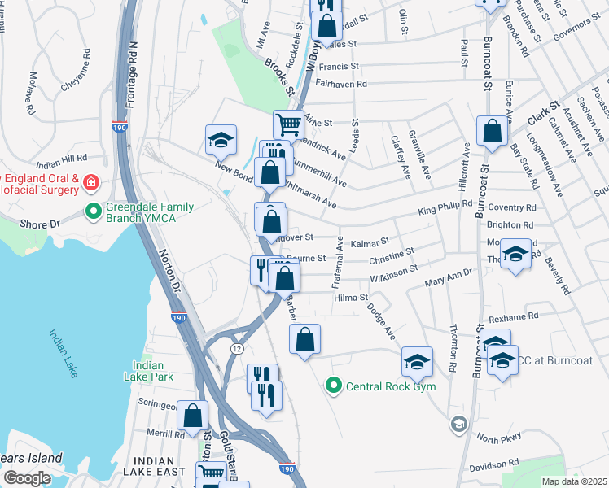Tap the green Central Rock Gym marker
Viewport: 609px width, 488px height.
333,386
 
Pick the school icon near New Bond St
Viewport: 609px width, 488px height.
220,140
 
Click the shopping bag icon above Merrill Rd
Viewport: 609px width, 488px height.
193,415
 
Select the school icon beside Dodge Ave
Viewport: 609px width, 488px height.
417,361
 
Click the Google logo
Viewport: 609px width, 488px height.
27,478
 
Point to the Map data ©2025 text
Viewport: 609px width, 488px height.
573,481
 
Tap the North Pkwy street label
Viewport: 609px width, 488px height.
497,439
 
